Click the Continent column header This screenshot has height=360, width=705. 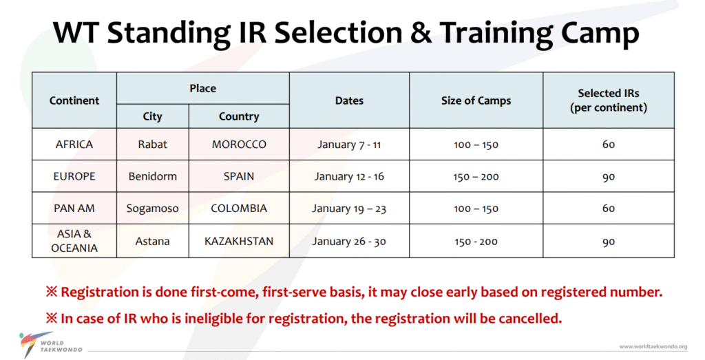[74, 100]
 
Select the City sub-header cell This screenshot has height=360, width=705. [152, 116]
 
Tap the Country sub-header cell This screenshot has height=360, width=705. [239, 116]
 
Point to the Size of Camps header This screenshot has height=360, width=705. [476, 100]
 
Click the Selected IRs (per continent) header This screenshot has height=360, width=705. [609, 100]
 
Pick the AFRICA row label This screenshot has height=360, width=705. [74, 145]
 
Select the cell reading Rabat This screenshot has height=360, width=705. [152, 145]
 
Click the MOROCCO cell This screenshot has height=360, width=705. [239, 145]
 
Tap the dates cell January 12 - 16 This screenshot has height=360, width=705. [349, 176]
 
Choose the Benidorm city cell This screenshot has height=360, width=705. [152, 176]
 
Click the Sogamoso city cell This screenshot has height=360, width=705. [152, 209]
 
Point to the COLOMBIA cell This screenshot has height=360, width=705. [239, 209]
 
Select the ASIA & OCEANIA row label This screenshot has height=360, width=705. [74, 241]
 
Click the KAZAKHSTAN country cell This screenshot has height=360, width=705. [239, 242]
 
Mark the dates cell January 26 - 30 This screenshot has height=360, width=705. [349, 242]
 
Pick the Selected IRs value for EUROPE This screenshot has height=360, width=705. [609, 176]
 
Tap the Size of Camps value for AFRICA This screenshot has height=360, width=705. [476, 145]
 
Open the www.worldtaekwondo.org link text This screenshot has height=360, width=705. [653, 346]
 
